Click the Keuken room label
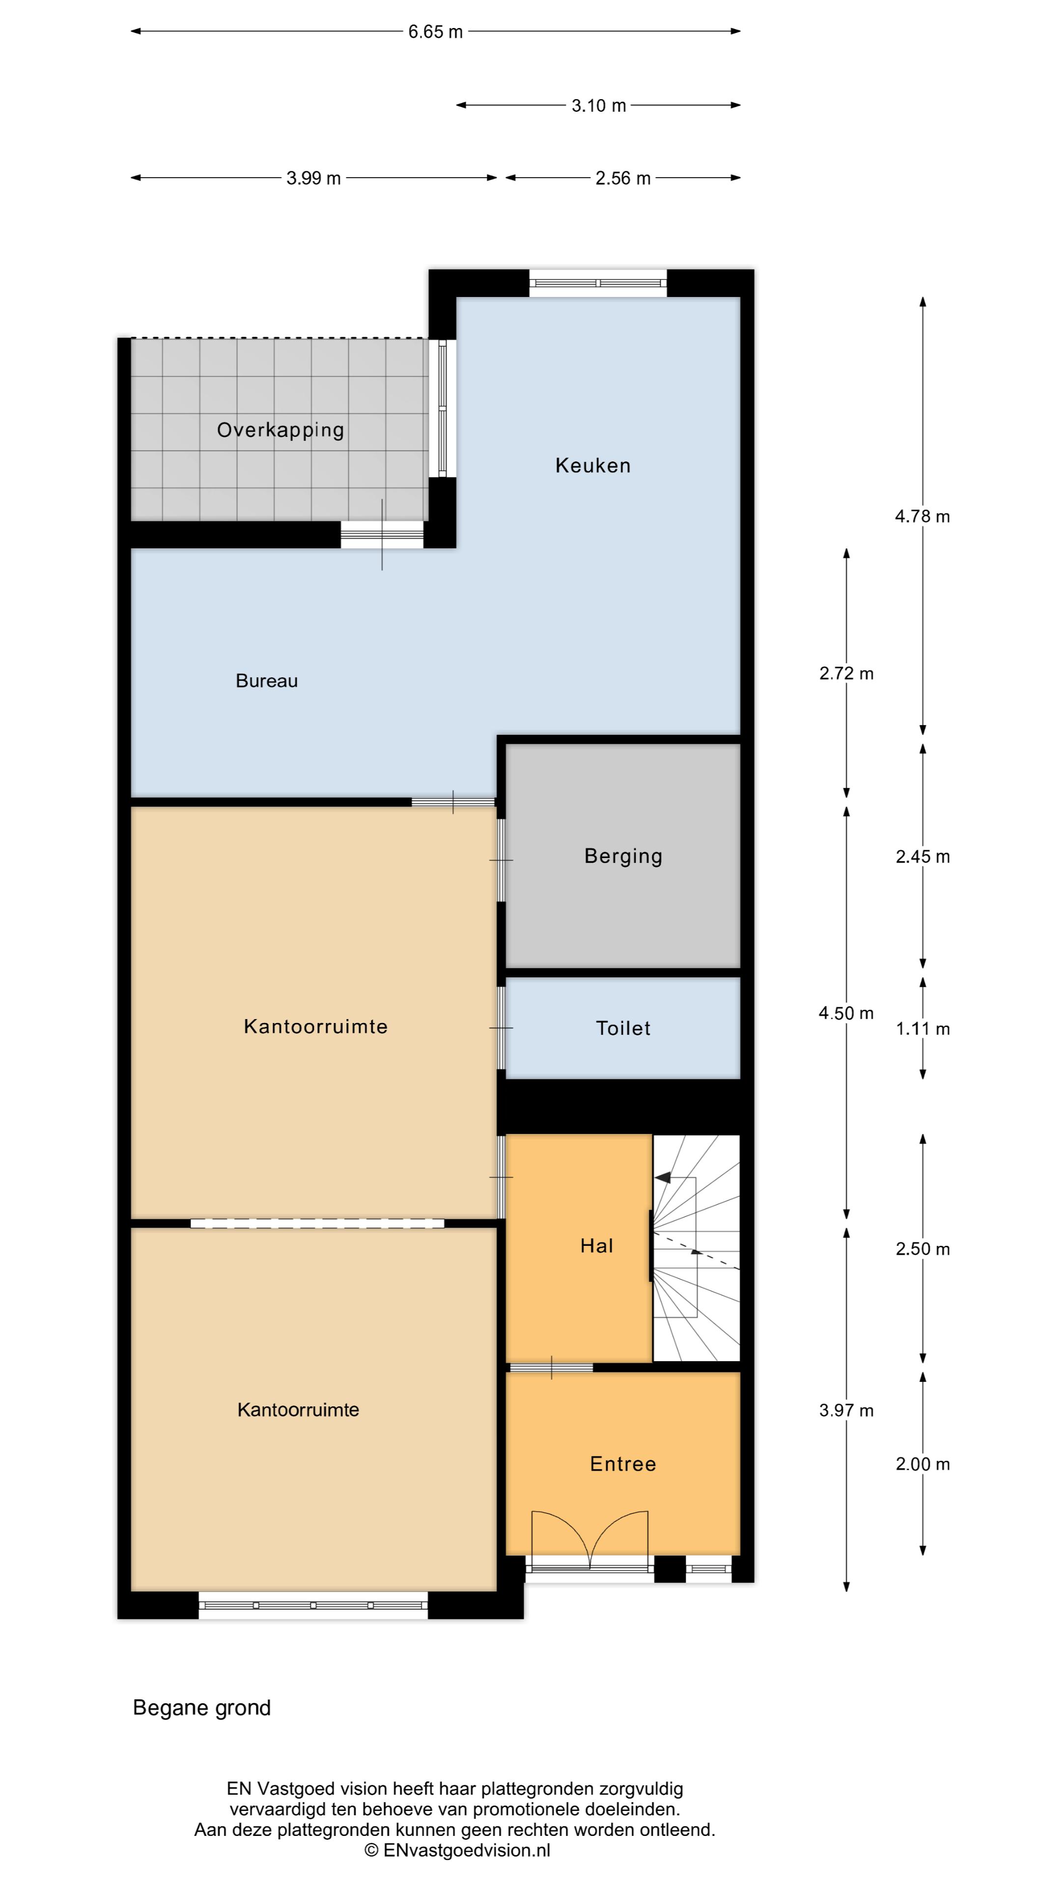tap(592, 465)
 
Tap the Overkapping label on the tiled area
tap(280, 431)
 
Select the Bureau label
tap(267, 681)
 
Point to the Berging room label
tap(623, 856)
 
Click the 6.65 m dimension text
tap(436, 31)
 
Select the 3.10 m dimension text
tap(598, 106)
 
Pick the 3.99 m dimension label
tap(313, 178)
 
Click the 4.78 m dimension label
tap(922, 516)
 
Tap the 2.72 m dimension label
tap(846, 673)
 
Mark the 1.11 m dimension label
tap(922, 1029)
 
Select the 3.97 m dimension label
tap(846, 1410)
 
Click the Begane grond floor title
tap(202, 1708)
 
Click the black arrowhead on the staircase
tap(663, 1178)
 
